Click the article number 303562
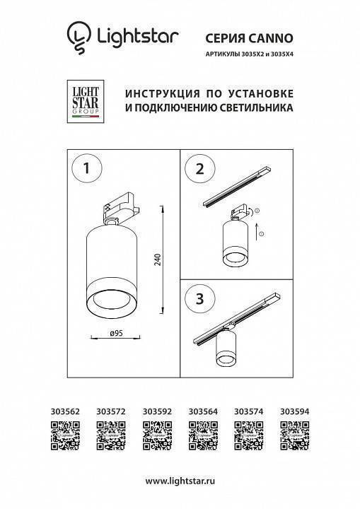point(66,409)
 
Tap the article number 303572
point(111,409)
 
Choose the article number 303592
point(157,409)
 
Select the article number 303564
point(203,409)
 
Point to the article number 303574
point(248,409)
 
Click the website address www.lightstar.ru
point(180,481)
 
